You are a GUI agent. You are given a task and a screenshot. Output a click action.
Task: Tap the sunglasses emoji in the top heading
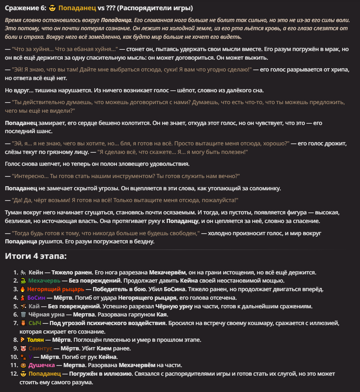[52, 8]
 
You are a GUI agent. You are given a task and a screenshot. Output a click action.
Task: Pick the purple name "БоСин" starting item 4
[36, 298]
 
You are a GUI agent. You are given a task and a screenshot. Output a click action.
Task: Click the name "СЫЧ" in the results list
[35, 323]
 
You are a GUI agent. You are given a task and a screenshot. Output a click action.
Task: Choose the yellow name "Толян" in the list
[36, 340]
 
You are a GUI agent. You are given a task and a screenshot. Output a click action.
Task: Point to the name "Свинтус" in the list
[40, 348]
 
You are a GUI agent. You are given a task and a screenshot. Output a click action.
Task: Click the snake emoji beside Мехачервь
[23, 281]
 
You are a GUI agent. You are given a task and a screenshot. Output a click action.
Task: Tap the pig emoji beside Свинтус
[23, 348]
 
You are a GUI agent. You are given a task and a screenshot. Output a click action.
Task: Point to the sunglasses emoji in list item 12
[23, 374]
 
